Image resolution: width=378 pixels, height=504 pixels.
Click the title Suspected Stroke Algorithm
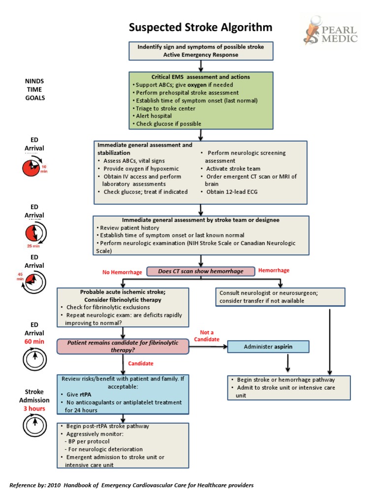(x=200, y=27)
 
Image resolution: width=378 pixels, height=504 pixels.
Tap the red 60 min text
(x=34, y=341)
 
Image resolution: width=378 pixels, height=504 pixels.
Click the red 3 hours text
(x=34, y=409)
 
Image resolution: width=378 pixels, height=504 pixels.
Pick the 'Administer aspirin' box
(x=268, y=346)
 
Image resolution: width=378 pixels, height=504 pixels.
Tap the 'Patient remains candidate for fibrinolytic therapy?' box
(x=123, y=346)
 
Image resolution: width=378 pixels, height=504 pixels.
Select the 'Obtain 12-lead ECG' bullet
(x=232, y=191)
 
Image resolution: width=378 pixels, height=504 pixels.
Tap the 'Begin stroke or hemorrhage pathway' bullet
(x=286, y=380)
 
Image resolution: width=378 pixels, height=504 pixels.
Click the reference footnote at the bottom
(x=131, y=485)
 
